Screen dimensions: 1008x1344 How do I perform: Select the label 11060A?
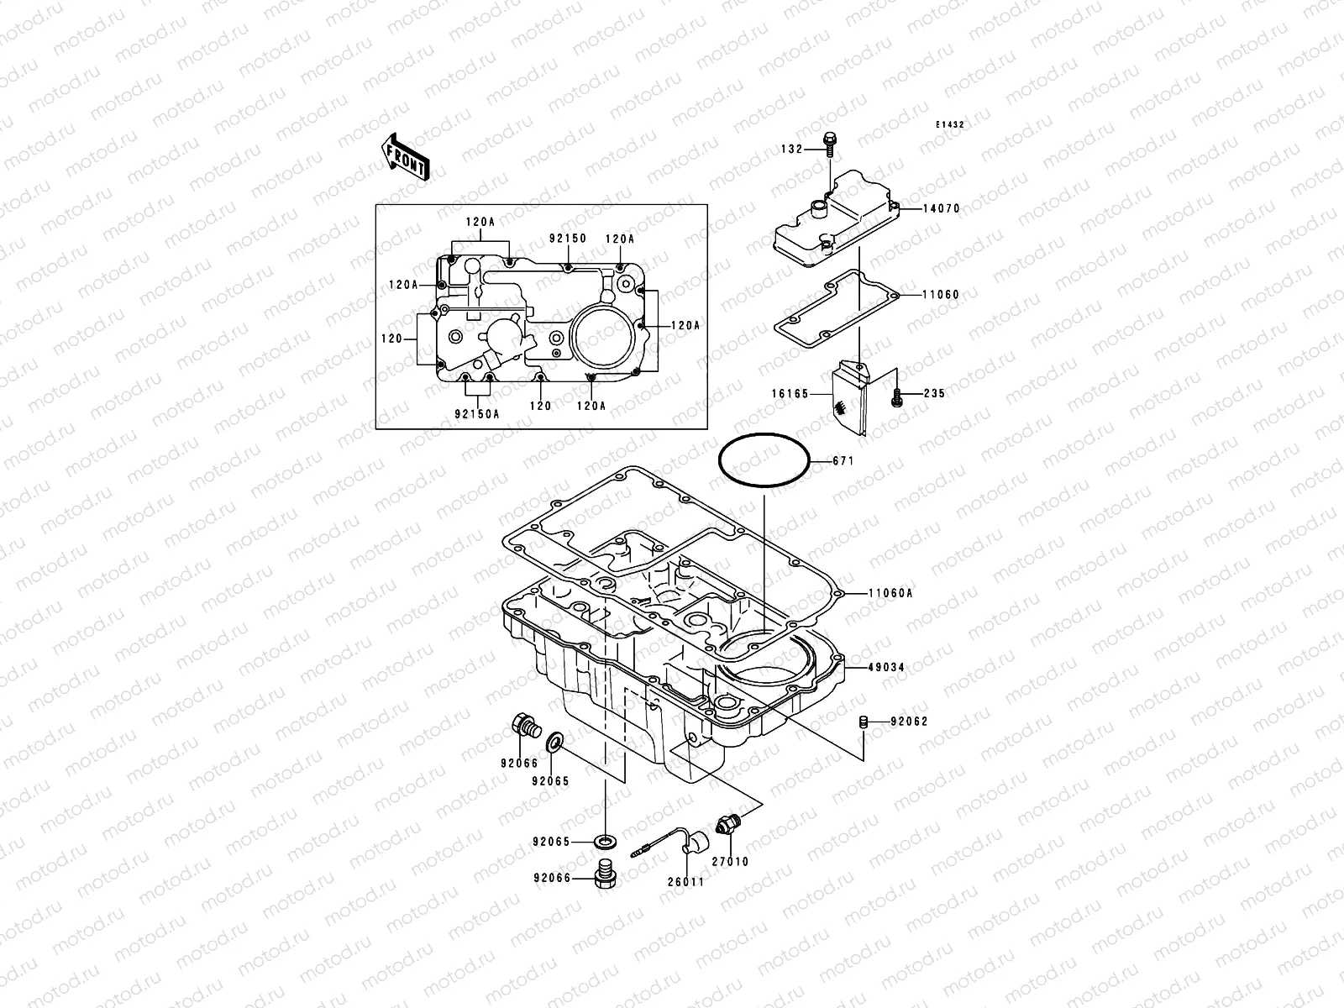pyautogui.click(x=892, y=593)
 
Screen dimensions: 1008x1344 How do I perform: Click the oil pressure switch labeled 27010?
pyautogui.click(x=726, y=826)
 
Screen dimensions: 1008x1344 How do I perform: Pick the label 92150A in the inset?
pyautogui.click(x=477, y=413)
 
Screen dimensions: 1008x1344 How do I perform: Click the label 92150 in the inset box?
pyautogui.click(x=568, y=239)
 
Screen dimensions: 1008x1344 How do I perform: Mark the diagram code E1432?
pyautogui.click(x=951, y=124)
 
